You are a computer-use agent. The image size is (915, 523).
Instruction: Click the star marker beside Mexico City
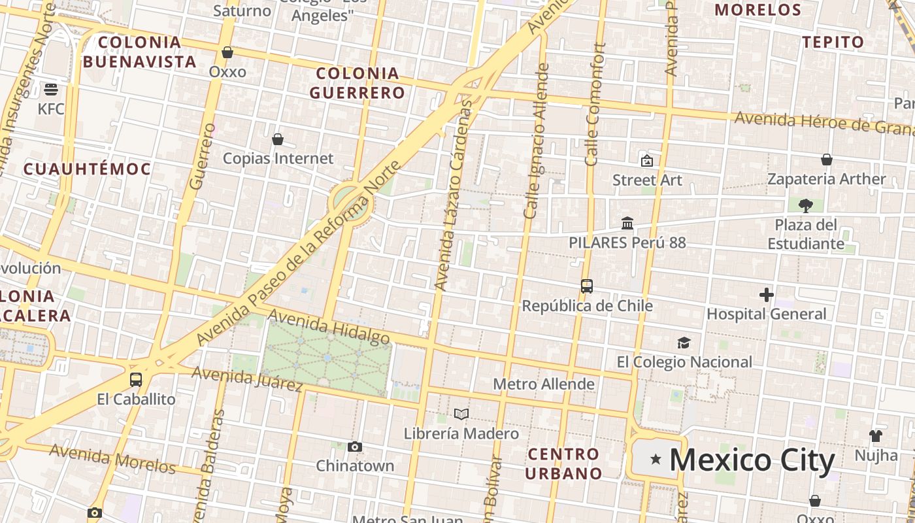(656, 460)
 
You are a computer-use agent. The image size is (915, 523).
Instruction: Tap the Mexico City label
(752, 460)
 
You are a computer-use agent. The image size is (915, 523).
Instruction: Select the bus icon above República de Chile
(587, 286)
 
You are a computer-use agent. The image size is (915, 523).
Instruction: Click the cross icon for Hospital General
(767, 295)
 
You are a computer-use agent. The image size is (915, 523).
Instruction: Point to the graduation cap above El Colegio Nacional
(684, 343)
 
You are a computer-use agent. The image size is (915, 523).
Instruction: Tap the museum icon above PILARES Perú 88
(627, 224)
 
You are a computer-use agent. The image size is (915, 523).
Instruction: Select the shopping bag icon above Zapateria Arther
(827, 160)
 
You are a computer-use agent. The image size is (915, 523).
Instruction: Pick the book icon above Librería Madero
(461, 414)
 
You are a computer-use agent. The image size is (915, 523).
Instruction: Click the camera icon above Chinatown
(355, 447)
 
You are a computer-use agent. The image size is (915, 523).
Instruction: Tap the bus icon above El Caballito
(136, 380)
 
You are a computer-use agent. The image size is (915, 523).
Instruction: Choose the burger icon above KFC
(51, 90)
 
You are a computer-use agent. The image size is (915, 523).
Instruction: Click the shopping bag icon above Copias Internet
(278, 139)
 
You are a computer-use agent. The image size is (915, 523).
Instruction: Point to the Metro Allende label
(544, 384)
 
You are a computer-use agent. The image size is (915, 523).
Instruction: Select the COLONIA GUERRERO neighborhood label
(358, 83)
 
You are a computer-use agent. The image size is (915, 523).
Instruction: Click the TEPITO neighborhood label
(833, 42)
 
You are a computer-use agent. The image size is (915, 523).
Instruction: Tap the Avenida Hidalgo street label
(329, 327)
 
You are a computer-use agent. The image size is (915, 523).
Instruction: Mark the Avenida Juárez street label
(248, 379)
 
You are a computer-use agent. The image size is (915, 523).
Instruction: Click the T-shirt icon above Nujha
(876, 435)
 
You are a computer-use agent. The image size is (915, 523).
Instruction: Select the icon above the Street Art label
(646, 160)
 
